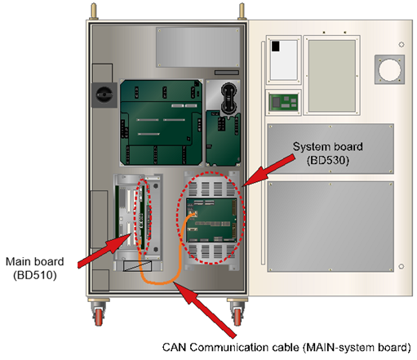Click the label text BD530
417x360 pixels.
(x=328, y=160)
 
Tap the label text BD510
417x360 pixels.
(x=35, y=275)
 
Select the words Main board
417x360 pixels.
(x=35, y=261)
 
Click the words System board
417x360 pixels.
(x=328, y=147)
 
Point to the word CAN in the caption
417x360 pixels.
(x=174, y=348)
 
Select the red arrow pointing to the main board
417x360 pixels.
(x=105, y=251)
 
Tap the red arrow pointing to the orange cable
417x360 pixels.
(x=205, y=310)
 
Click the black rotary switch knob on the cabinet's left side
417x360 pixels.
(x=104, y=95)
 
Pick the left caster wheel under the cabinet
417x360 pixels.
(x=99, y=317)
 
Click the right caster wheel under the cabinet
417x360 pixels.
(x=237, y=317)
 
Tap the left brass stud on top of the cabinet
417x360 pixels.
(x=94, y=11)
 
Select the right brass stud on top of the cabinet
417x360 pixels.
(x=242, y=11)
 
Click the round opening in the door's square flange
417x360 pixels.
(x=389, y=69)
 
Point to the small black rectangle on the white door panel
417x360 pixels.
(x=276, y=47)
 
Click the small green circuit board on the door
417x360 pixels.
(x=283, y=102)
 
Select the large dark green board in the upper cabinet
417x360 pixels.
(x=162, y=122)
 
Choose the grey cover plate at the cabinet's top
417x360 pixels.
(x=198, y=47)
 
